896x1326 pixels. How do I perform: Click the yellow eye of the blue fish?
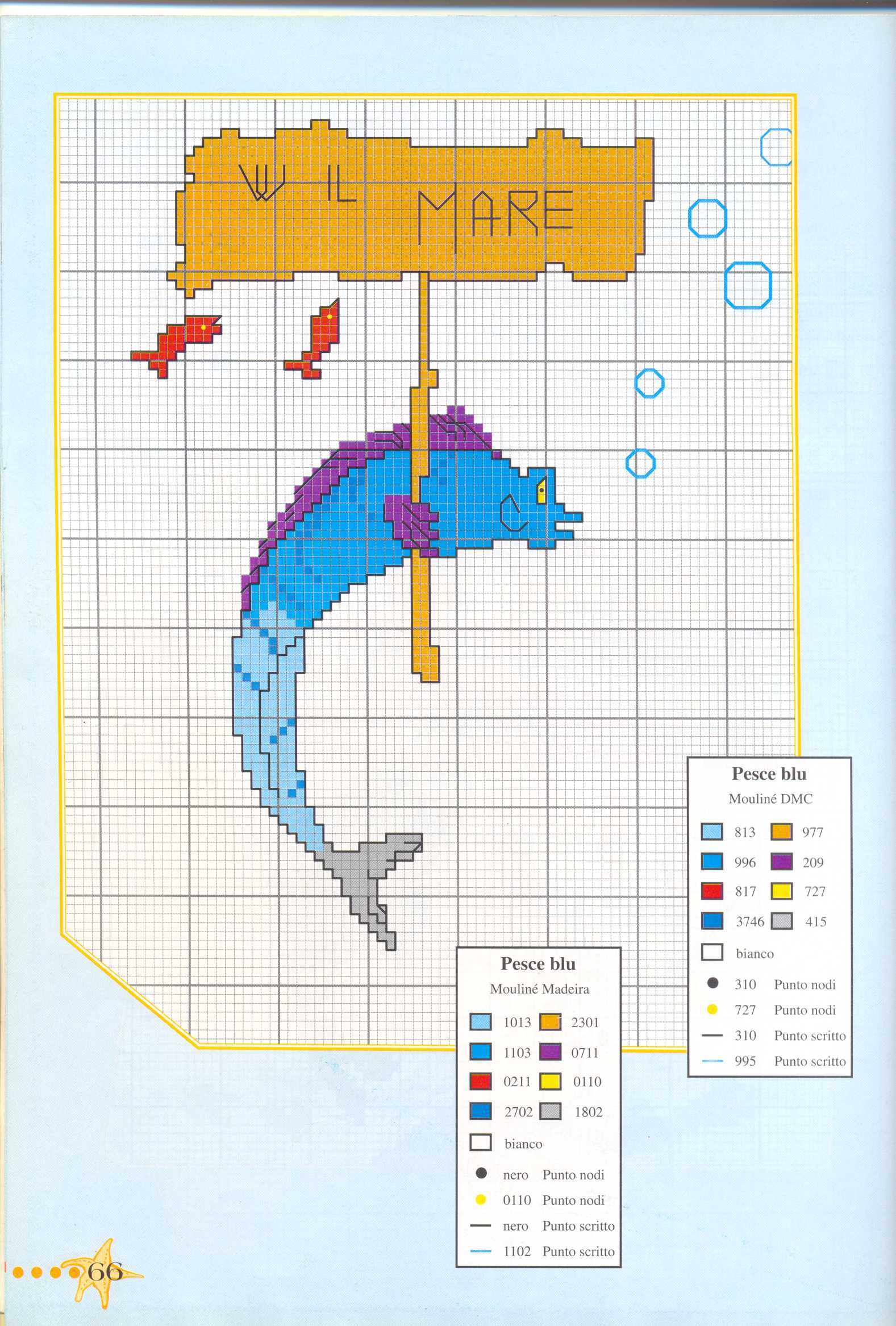coord(541,489)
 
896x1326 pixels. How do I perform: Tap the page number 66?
coord(106,1271)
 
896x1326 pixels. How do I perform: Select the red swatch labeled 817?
coord(712,891)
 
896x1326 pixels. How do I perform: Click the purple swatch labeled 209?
coord(781,862)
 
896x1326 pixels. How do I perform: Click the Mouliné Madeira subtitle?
coord(539,990)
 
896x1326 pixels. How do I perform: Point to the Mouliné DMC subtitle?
coord(770,799)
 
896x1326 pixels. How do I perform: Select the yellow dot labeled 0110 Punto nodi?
coord(481,1200)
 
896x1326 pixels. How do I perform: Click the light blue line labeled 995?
coord(712,1061)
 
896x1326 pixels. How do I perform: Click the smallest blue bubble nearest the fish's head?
coord(640,463)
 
